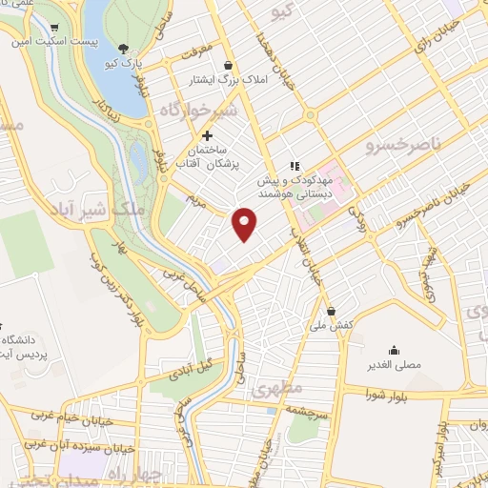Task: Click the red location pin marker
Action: pyautogui.click(x=245, y=223)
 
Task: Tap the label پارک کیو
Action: pyautogui.click(x=122, y=63)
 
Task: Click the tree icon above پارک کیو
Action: pyautogui.click(x=122, y=47)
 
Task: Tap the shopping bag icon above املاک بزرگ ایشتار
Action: pyautogui.click(x=228, y=65)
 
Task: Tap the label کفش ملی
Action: pyautogui.click(x=331, y=326)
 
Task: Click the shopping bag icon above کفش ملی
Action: pyautogui.click(x=331, y=311)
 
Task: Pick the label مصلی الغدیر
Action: pyautogui.click(x=394, y=365)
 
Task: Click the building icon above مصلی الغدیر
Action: pyautogui.click(x=394, y=350)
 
